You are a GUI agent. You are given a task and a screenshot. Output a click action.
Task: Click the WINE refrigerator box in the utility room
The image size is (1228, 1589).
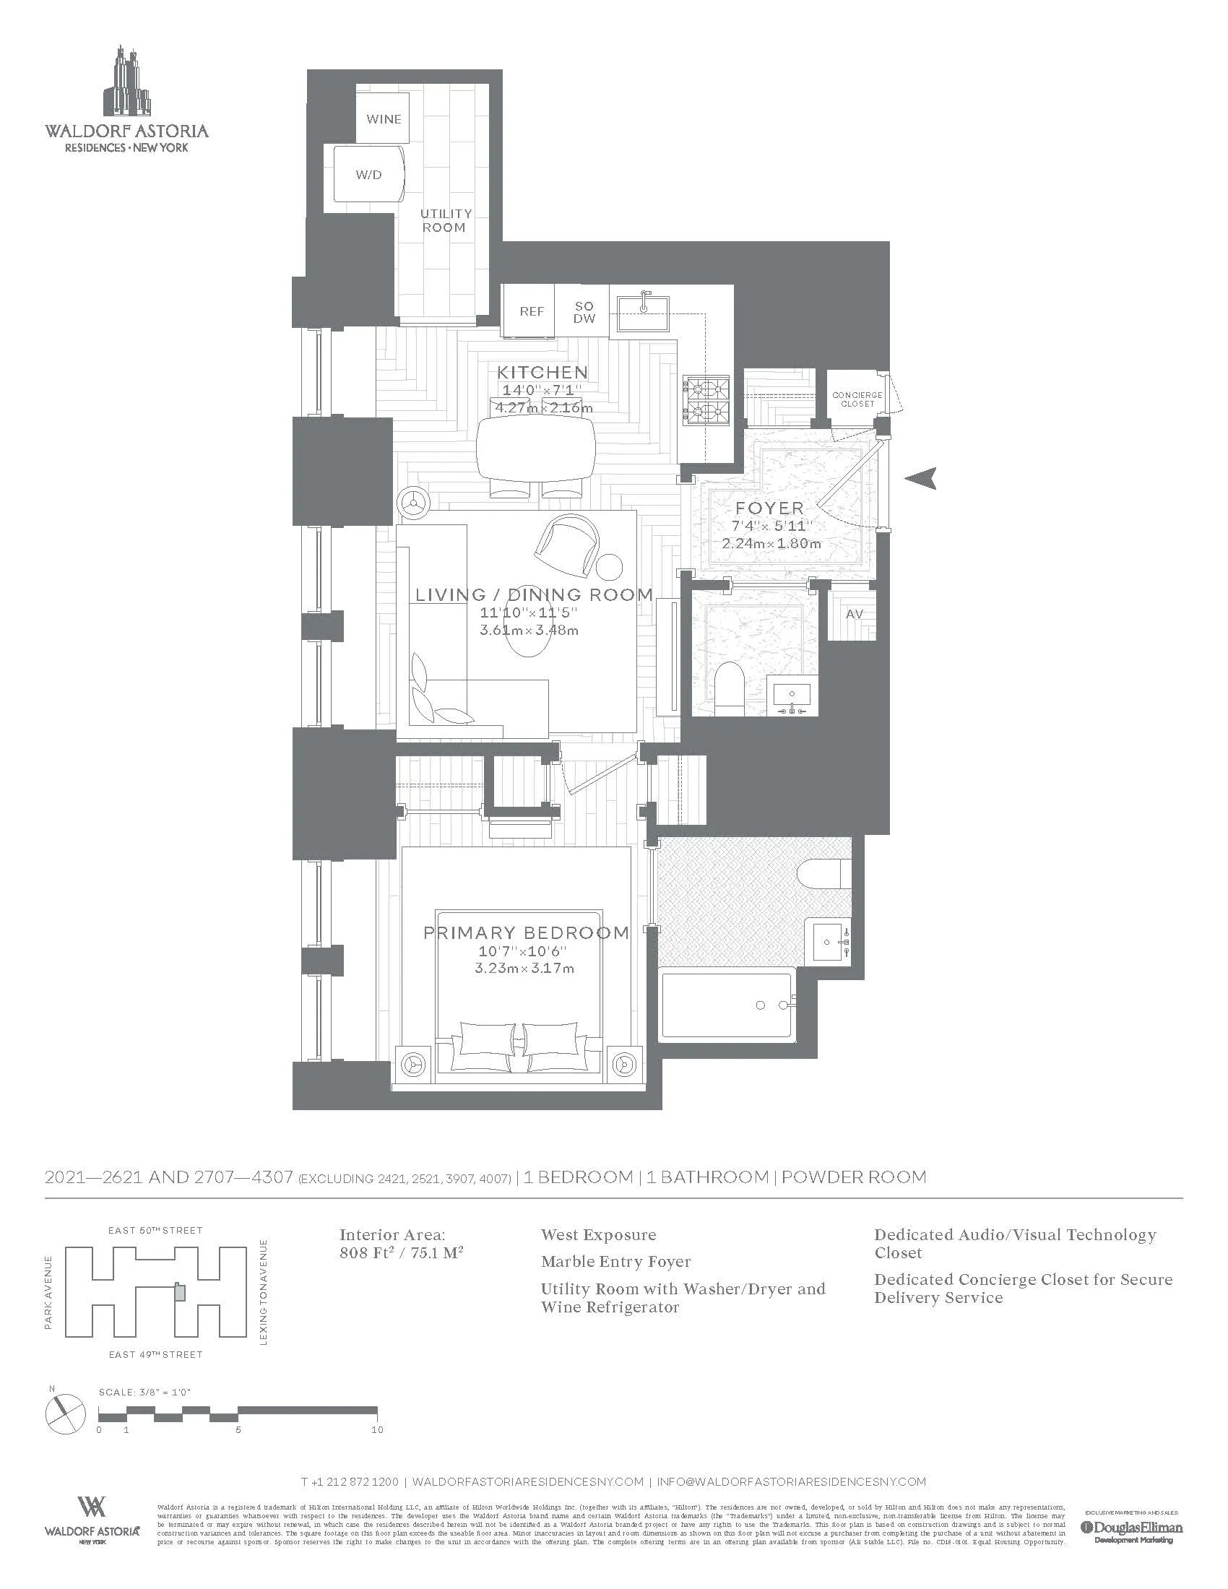point(383,118)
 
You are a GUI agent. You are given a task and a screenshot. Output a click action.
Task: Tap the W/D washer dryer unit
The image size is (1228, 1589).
point(368,176)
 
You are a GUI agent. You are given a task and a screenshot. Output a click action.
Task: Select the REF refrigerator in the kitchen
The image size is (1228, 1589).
point(531,311)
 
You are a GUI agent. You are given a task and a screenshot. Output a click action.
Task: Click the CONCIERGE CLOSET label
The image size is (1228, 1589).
point(857,399)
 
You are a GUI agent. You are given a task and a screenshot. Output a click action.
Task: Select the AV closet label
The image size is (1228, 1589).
point(854,614)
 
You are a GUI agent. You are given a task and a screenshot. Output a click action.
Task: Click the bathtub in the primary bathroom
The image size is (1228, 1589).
point(727,1006)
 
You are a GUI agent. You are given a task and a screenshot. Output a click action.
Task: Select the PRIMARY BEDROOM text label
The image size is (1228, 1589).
point(526,932)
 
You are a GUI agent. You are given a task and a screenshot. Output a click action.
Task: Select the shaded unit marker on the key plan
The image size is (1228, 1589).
point(180,1292)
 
